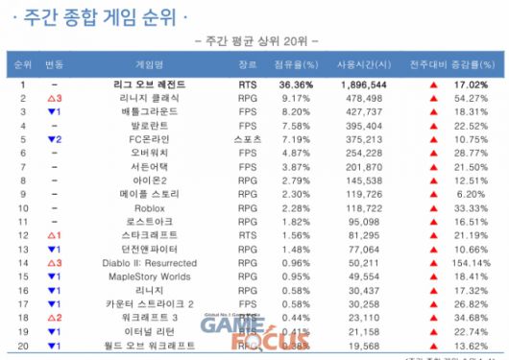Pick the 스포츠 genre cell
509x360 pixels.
tap(248, 138)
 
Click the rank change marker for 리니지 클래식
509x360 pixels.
tap(54, 97)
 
